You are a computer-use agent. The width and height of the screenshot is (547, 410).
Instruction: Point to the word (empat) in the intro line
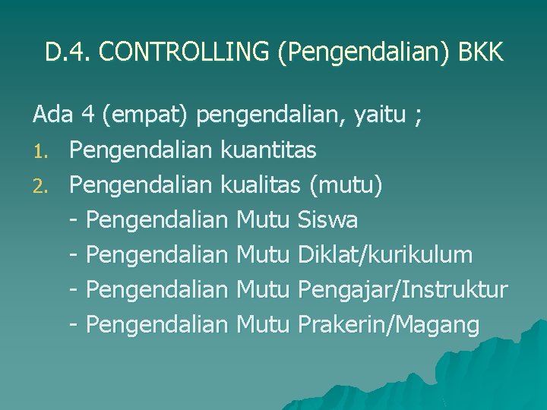(x=146, y=116)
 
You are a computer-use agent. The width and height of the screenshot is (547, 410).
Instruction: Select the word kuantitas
(x=268, y=151)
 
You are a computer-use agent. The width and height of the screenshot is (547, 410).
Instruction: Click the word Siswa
(x=328, y=221)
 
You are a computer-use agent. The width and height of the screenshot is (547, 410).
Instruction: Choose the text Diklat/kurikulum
(x=386, y=255)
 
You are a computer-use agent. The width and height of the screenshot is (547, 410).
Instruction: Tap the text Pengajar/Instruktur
(x=403, y=291)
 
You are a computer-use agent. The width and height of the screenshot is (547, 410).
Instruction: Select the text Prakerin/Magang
(x=389, y=326)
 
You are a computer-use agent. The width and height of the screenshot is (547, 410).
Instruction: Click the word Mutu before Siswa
(x=264, y=221)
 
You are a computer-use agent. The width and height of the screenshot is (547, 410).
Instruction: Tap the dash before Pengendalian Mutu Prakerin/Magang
(x=74, y=326)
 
